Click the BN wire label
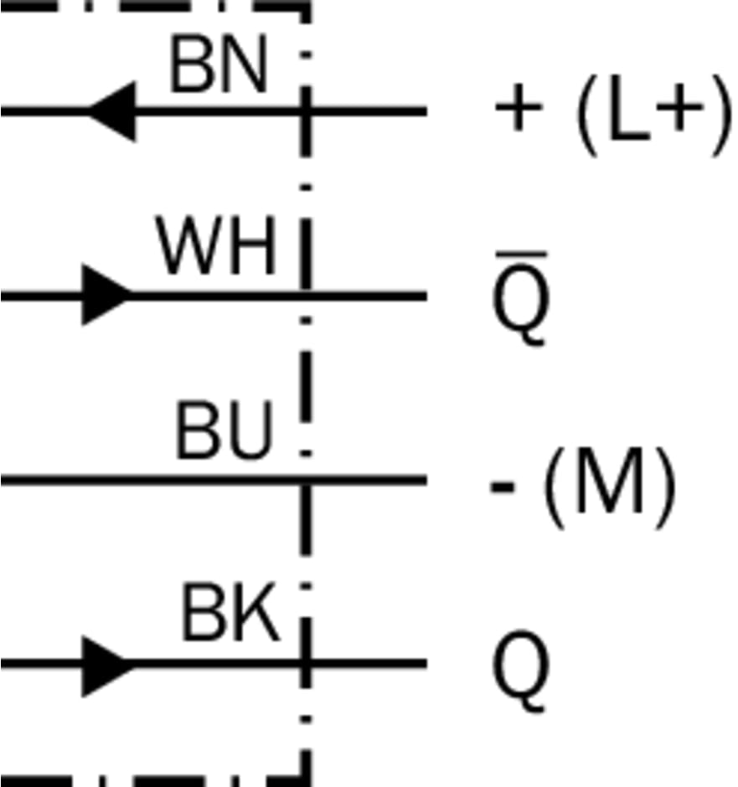(x=219, y=66)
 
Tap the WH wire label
(x=217, y=249)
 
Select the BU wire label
(x=224, y=432)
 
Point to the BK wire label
(x=230, y=615)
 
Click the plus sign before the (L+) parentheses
(x=516, y=111)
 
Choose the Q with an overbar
(x=520, y=301)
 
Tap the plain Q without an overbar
(x=520, y=670)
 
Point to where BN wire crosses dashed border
(x=306, y=111)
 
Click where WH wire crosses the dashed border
(x=306, y=295)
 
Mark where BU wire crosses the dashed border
(x=306, y=480)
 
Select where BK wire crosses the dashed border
(x=306, y=665)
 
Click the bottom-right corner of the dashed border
(x=306, y=780)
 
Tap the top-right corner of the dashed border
(x=306, y=5)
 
